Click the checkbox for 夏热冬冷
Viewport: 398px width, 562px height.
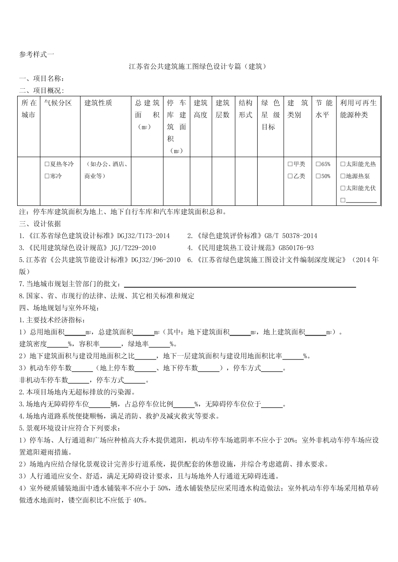pos(47,164)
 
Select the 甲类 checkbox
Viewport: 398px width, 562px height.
pos(290,164)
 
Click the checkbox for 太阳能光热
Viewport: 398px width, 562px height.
pos(343,164)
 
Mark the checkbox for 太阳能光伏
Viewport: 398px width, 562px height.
pos(343,188)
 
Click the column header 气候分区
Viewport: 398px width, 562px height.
pos(58,103)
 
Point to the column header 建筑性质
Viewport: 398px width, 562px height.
pos(98,103)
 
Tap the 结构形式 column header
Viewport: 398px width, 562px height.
pos(246,109)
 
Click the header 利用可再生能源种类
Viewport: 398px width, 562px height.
pos(358,109)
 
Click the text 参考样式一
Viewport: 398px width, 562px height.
pos(36,54)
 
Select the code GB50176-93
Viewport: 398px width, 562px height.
pos(293,248)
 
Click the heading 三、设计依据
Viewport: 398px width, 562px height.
pos(40,224)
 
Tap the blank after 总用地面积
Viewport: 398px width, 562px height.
pos(75,332)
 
